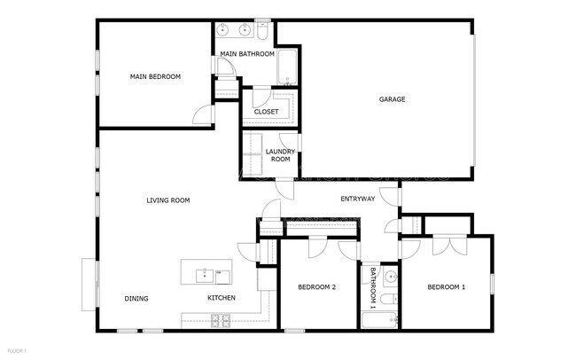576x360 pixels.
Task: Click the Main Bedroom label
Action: pyautogui.click(x=155, y=77)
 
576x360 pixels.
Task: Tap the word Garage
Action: pyautogui.click(x=392, y=99)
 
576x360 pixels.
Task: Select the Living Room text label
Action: pyautogui.click(x=168, y=200)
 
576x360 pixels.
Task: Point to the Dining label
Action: pyautogui.click(x=136, y=299)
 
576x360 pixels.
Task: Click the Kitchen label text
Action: pyautogui.click(x=222, y=298)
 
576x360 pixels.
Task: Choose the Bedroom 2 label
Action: pyautogui.click(x=316, y=287)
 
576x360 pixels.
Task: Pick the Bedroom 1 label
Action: pyautogui.click(x=446, y=287)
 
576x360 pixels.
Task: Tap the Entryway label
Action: pyautogui.click(x=358, y=199)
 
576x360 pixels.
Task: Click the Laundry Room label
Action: pyautogui.click(x=279, y=155)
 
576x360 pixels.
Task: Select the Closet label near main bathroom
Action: pyautogui.click(x=266, y=112)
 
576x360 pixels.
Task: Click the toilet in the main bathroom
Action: pyautogui.click(x=263, y=31)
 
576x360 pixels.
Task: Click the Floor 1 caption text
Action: pyautogui.click(x=16, y=351)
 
